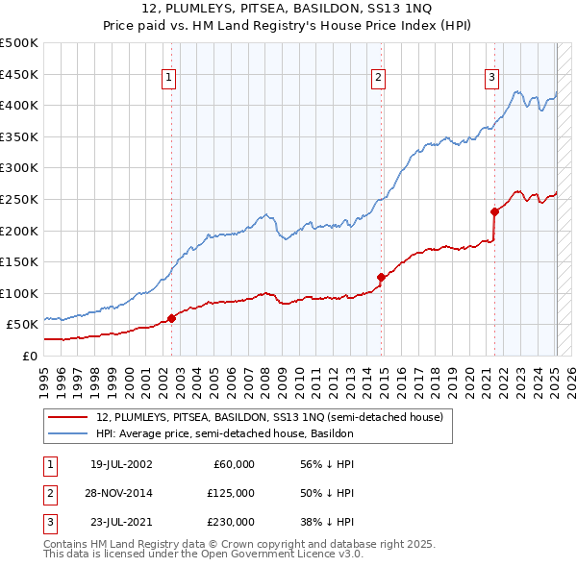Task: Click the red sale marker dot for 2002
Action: coord(172,318)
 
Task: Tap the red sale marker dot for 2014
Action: coord(381,277)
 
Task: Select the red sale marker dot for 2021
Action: coord(494,211)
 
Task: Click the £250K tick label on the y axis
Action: coord(19,199)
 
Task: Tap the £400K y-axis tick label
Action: coord(19,105)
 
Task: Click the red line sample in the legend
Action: coord(67,418)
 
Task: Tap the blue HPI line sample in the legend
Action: coord(67,433)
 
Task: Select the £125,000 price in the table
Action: coord(232,493)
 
